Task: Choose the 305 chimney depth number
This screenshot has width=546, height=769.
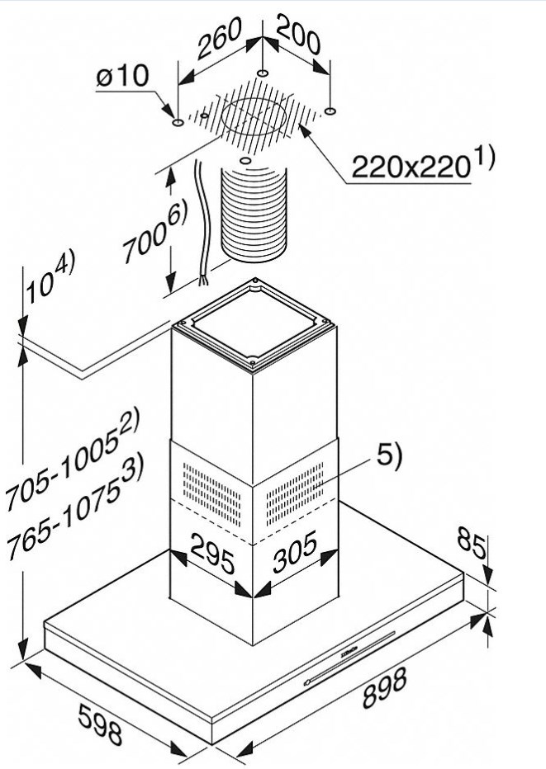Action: [x=295, y=553]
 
